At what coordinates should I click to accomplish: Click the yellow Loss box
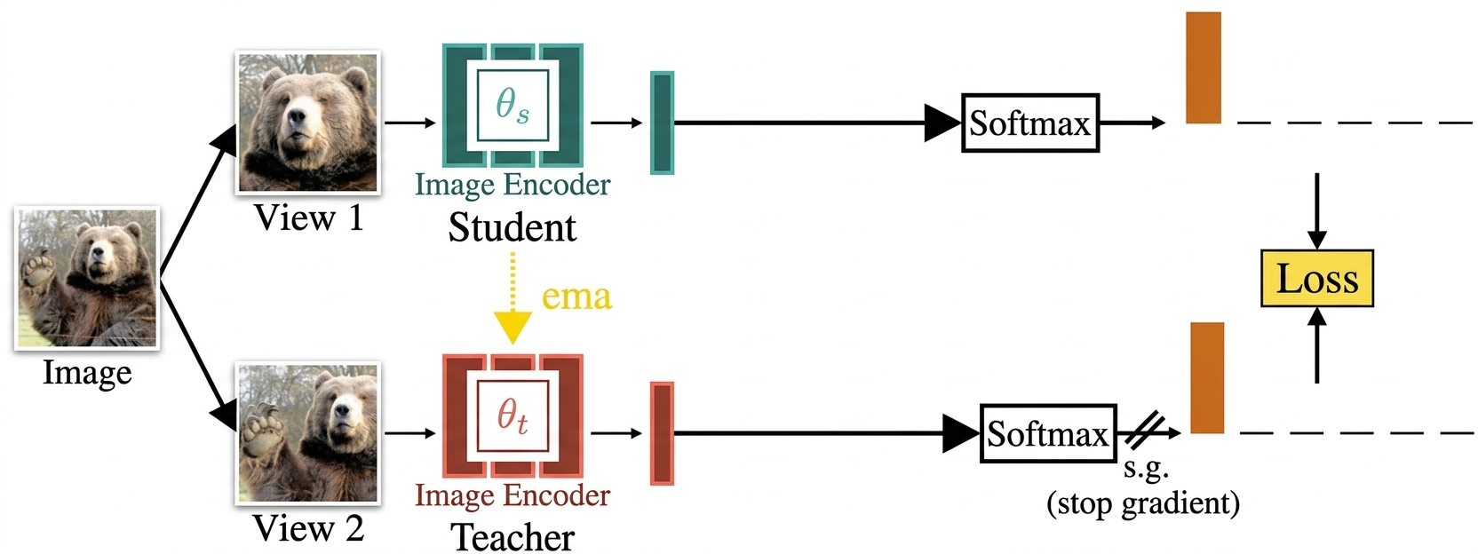tap(1316, 279)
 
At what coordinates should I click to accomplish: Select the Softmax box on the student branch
tap(1029, 123)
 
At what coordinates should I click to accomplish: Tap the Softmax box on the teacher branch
tap(1047, 433)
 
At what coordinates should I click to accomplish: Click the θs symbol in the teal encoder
tap(513, 106)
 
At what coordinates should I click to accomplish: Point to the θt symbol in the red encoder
tap(513, 415)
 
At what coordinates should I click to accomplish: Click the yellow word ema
tap(576, 297)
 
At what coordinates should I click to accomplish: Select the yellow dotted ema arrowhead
tap(513, 327)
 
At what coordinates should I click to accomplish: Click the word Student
tap(513, 228)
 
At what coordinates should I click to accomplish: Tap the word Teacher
tap(513, 538)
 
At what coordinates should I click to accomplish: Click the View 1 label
tap(308, 218)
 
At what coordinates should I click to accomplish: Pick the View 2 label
tap(308, 529)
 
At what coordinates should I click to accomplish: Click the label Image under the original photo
tap(87, 373)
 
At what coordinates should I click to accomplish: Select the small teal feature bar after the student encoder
tap(662, 123)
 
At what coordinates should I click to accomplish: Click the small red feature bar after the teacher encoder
tap(662, 433)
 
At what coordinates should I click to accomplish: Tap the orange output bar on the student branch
tap(1203, 67)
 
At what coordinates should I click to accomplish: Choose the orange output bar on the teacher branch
tap(1206, 377)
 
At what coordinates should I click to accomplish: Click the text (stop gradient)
tap(1142, 503)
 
